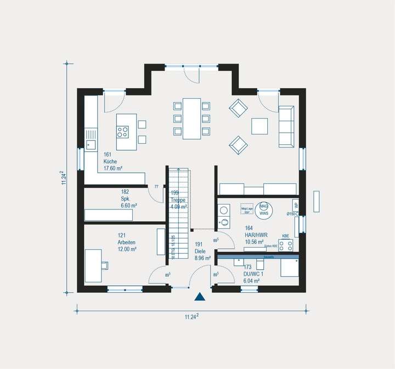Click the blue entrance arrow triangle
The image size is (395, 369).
(200, 297)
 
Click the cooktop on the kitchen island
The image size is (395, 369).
(122, 132)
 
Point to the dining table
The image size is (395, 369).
(191, 118)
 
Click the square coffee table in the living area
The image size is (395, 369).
(259, 126)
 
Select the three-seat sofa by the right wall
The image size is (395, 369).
(287, 127)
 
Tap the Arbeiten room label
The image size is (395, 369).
(127, 242)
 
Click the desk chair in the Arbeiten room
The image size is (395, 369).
(105, 265)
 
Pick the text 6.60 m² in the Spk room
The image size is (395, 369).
(129, 206)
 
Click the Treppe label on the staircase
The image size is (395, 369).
(178, 200)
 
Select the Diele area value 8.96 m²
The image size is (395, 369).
(202, 257)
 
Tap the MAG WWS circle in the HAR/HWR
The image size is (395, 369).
(263, 209)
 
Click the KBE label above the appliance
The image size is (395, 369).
(285, 236)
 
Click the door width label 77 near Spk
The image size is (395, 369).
(156, 187)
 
